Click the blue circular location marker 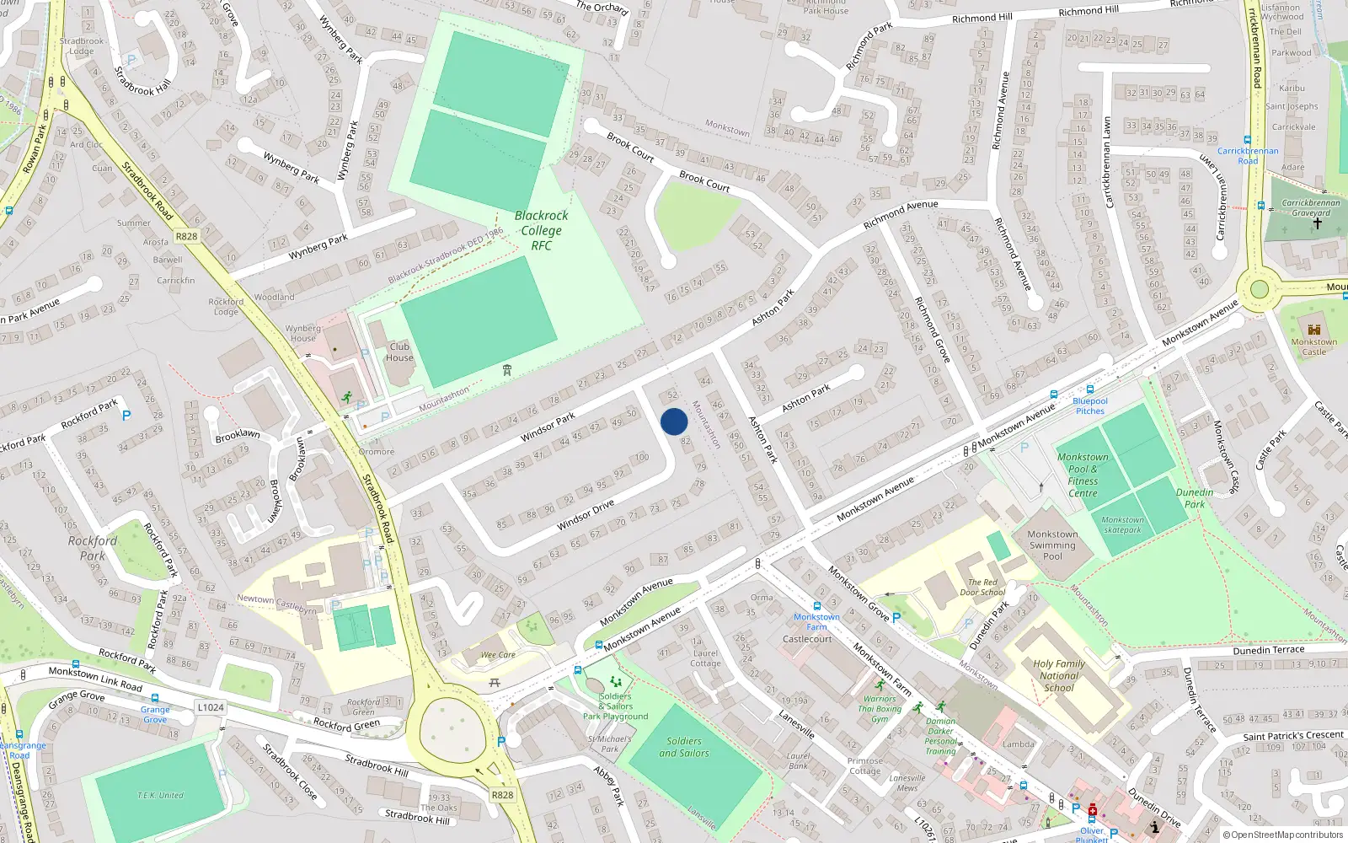click(x=674, y=421)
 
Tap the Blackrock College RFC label click(x=541, y=230)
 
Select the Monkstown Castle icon click(x=1313, y=329)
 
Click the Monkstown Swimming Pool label click(x=1052, y=545)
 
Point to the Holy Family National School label click(x=1059, y=675)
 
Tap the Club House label click(x=399, y=352)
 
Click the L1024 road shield click(x=211, y=707)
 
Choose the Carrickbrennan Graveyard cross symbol click(x=1317, y=224)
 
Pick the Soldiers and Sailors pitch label click(x=683, y=747)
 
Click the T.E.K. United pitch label click(x=160, y=795)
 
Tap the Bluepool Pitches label click(x=1089, y=405)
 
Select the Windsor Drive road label click(x=586, y=515)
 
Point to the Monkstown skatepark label click(x=1122, y=524)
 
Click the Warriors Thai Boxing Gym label click(x=880, y=708)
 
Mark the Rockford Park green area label click(x=92, y=548)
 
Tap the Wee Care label click(x=498, y=654)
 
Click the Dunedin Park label click(x=1195, y=498)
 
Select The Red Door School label click(x=982, y=587)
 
